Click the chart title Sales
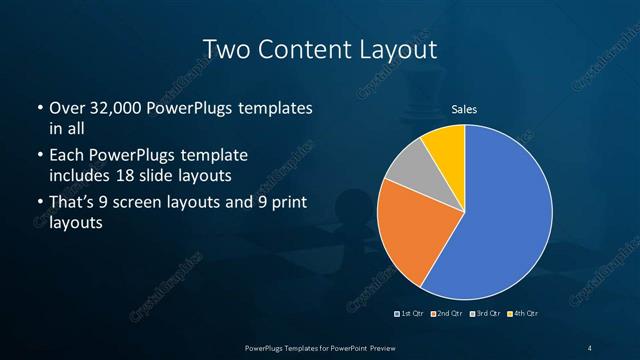click(x=464, y=108)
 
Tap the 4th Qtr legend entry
click(x=524, y=314)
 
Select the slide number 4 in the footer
click(x=590, y=347)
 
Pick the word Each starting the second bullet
click(x=67, y=157)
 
